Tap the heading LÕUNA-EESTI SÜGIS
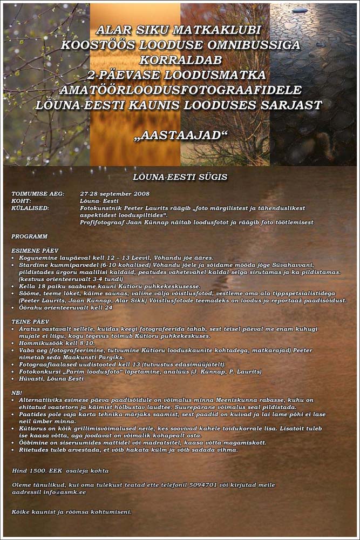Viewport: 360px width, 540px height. (x=180, y=177)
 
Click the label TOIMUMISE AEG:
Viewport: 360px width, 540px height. (x=38, y=193)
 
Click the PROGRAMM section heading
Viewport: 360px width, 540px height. (x=29, y=237)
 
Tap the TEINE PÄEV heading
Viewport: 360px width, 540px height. (x=30, y=321)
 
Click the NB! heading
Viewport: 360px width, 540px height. (x=17, y=393)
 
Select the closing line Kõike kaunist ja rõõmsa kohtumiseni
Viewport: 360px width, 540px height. (x=72, y=511)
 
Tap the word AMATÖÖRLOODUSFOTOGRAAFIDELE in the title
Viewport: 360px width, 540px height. (x=180, y=90)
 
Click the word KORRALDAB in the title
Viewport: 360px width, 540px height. (x=180, y=60)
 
